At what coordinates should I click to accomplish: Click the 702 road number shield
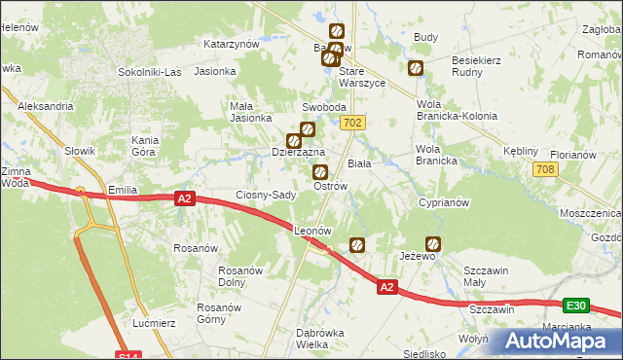pyautogui.click(x=353, y=123)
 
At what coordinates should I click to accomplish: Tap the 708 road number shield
pyautogui.click(x=545, y=170)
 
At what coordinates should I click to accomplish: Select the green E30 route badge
pyautogui.click(x=575, y=306)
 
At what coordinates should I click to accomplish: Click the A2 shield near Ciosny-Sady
pyautogui.click(x=186, y=198)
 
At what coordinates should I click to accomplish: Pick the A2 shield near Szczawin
pyautogui.click(x=386, y=287)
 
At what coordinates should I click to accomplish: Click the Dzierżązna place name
pyautogui.click(x=297, y=153)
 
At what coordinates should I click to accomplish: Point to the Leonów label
pyautogui.click(x=313, y=232)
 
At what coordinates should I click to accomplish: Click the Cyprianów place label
pyautogui.click(x=444, y=203)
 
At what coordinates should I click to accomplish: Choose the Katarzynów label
pyautogui.click(x=231, y=44)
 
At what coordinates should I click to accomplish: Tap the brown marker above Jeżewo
pyautogui.click(x=433, y=244)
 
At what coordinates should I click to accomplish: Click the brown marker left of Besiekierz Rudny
pyautogui.click(x=416, y=68)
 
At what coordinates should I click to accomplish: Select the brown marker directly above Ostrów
pyautogui.click(x=319, y=172)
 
